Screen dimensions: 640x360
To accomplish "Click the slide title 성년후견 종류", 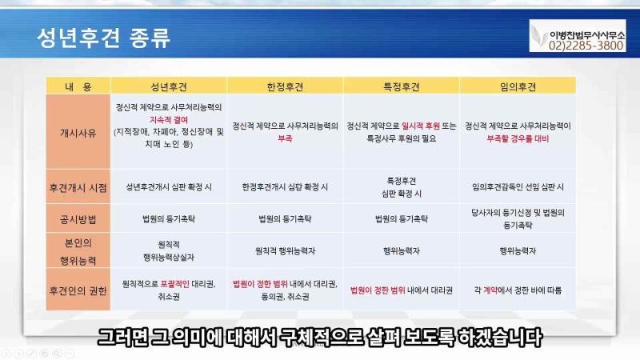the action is (x=104, y=38).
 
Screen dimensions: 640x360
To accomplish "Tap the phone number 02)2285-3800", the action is (x=586, y=46).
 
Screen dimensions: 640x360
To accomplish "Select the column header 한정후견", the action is (x=285, y=86).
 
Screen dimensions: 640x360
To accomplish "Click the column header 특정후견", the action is (x=402, y=86).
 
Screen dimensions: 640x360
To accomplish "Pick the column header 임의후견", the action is (x=518, y=86).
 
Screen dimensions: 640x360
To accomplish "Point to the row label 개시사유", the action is (x=78, y=133).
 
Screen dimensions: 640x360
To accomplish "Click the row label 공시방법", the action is (x=78, y=219).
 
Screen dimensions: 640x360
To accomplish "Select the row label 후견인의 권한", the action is (x=78, y=290).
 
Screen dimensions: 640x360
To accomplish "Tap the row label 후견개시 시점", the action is (x=78, y=188).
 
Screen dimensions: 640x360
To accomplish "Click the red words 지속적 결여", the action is (x=169, y=120).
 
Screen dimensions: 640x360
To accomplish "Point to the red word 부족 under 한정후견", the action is (x=285, y=138).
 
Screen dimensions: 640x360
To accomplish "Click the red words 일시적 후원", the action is (x=421, y=126).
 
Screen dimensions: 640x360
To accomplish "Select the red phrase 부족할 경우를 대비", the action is (x=518, y=138).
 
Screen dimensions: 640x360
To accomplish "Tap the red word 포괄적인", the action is (x=174, y=284).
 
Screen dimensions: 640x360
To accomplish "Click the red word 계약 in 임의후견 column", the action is (x=490, y=290).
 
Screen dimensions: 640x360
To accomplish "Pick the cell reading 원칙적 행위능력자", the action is (x=285, y=251).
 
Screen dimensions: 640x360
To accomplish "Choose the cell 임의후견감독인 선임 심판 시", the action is (x=518, y=187).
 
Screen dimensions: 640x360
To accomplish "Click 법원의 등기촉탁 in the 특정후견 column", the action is (x=402, y=218).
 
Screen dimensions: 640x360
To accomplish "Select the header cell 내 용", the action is (x=78, y=86).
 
